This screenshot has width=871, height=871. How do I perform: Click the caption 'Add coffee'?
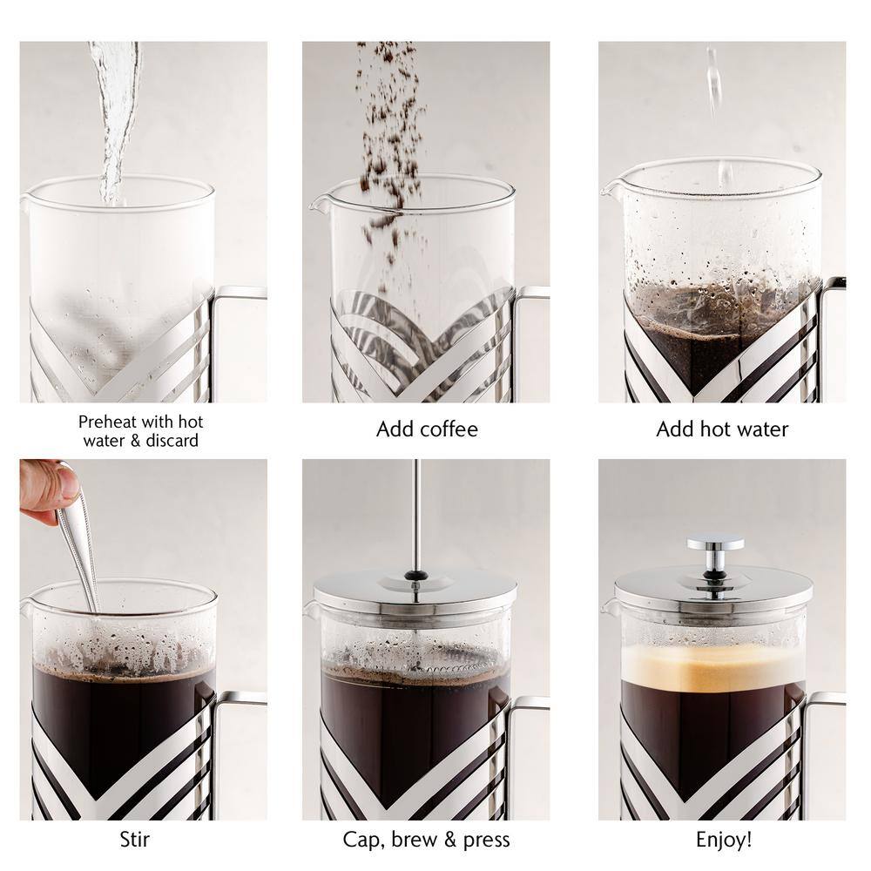(427, 429)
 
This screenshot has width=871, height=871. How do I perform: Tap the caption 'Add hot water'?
(722, 429)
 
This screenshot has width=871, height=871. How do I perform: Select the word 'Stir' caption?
(134, 840)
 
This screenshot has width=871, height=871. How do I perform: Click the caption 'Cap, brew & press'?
(427, 840)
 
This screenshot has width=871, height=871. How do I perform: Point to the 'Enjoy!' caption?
(724, 840)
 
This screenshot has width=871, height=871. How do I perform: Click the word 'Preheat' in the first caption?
(107, 422)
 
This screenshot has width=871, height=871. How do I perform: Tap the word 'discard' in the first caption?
(172, 441)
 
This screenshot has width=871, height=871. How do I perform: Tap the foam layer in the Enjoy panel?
(712, 666)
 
